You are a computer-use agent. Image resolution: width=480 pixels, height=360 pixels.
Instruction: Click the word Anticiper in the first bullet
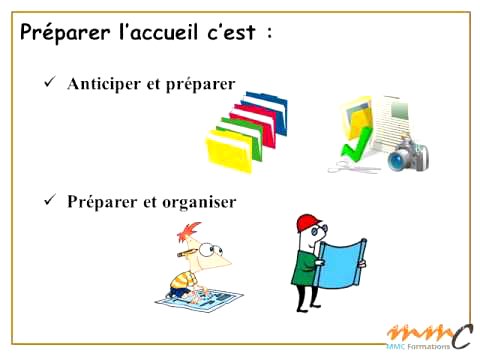105,85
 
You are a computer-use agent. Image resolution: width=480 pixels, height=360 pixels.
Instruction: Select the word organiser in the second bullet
199,201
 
